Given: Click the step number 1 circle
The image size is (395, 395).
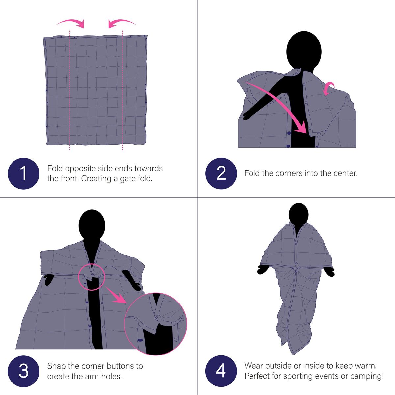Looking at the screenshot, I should click(23, 173).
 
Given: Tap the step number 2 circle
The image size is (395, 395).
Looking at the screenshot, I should click(221, 173).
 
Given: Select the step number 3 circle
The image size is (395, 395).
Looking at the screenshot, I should click(23, 371).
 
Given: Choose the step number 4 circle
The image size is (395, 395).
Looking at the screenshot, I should click(221, 371).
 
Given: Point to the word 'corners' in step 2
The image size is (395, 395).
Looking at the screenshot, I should click(289, 173).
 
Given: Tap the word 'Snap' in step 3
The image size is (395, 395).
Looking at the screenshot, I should click(56, 366).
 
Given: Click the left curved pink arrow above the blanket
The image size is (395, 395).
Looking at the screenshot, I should click(71, 23).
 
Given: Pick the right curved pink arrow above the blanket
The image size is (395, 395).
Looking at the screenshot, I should click(121, 23).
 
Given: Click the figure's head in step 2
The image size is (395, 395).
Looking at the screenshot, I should click(303, 50).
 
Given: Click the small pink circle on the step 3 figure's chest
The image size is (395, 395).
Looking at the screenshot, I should click(92, 276).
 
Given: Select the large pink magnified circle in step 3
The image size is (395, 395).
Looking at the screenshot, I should click(155, 324).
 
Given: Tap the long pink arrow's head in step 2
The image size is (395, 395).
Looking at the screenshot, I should click(301, 129).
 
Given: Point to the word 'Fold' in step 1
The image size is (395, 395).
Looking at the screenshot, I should click(55, 169).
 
